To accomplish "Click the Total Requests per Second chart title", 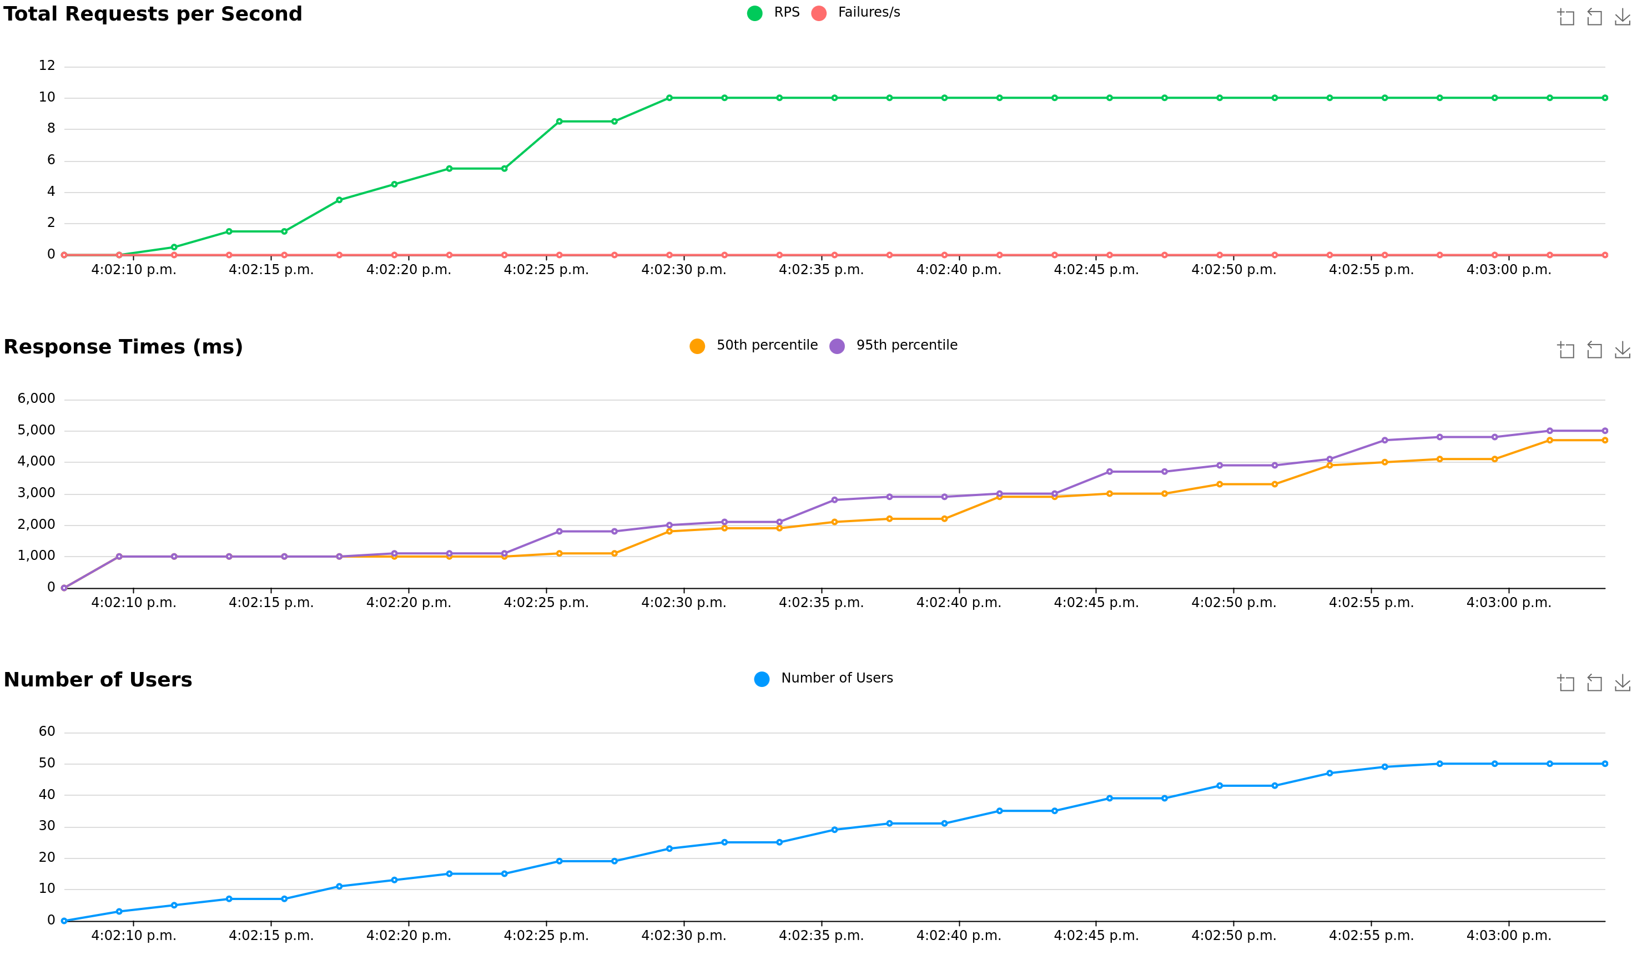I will click(x=153, y=14).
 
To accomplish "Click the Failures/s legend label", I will click(x=869, y=12).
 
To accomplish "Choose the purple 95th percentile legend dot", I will click(x=837, y=346).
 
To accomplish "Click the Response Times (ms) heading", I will click(x=123, y=347).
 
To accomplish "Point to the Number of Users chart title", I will click(x=98, y=680).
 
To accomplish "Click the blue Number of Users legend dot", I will click(x=761, y=679).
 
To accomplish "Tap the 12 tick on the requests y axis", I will click(x=47, y=66).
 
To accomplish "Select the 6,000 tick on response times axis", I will click(x=37, y=398).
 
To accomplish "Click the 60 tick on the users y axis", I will click(x=47, y=731).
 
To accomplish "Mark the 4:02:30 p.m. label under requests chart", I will click(x=683, y=270).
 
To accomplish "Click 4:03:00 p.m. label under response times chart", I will click(x=1508, y=603).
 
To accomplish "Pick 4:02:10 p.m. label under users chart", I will click(x=134, y=936).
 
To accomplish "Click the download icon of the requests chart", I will click(x=1623, y=17).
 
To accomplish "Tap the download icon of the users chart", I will click(x=1623, y=683).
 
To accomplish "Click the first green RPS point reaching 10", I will click(x=669, y=98).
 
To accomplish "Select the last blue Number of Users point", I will click(x=1604, y=764).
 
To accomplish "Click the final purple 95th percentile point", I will click(x=1604, y=431).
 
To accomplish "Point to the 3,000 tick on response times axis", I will click(x=37, y=493).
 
